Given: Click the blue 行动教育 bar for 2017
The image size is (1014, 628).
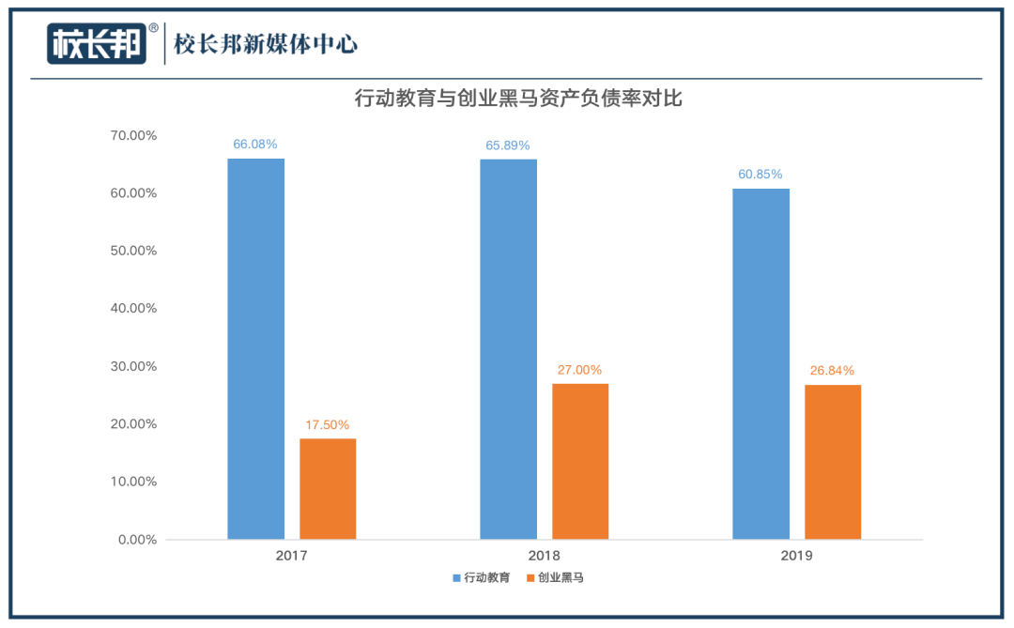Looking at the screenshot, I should point(255,348).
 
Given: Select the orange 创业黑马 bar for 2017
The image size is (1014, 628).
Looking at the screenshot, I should point(328,488).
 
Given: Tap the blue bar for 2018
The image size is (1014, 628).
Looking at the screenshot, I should point(508,348).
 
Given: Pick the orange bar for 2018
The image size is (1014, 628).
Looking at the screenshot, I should point(580,461).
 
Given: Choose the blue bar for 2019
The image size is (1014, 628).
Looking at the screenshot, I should point(760,363).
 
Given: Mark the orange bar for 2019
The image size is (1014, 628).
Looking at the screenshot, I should point(833,462).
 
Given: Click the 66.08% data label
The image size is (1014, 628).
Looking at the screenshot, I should point(255,145).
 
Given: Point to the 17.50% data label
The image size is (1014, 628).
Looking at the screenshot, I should point(328,424).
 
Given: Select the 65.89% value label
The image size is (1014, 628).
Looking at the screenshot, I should point(508,146).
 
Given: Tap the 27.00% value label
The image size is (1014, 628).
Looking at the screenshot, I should point(580,370).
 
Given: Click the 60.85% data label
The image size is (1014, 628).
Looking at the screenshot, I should point(760,175).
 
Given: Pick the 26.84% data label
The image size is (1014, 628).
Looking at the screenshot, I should point(833,370).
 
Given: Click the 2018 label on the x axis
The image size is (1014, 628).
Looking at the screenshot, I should point(544,555).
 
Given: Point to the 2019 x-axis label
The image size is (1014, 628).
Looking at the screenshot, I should point(796,555).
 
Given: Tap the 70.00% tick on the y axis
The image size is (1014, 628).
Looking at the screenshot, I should point(133,135).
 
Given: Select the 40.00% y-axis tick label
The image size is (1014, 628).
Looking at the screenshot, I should point(133,309).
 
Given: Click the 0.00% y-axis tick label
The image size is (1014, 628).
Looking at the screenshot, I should point(137,540).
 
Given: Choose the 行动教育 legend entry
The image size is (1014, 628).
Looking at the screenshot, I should point(482,578).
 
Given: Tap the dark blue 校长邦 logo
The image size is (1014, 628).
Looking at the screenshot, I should point(98,44).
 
